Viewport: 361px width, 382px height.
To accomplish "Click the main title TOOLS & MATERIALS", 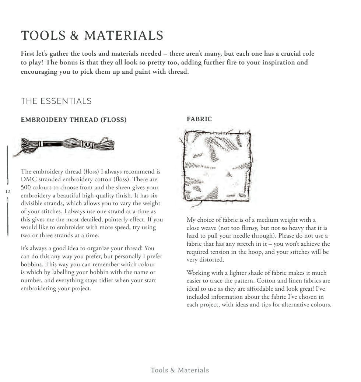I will [x=92, y=36].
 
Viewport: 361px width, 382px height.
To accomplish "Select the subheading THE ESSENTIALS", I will [x=56, y=101].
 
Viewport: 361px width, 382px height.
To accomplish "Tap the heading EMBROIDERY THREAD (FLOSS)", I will [x=74, y=120].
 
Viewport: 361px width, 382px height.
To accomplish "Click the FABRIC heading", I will [x=199, y=119].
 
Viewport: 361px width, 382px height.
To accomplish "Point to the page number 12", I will [x=8, y=191].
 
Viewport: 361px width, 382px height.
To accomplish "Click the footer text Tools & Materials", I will [x=180, y=370].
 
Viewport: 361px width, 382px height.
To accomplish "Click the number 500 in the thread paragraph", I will [x=26, y=188].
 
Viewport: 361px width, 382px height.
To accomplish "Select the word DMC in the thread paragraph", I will [x=28, y=179].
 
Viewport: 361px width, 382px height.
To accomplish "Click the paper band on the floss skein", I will [x=87, y=144].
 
